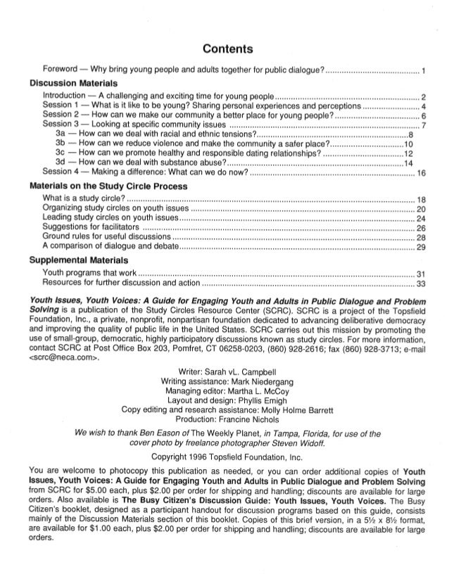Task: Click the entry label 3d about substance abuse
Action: click(61, 162)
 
